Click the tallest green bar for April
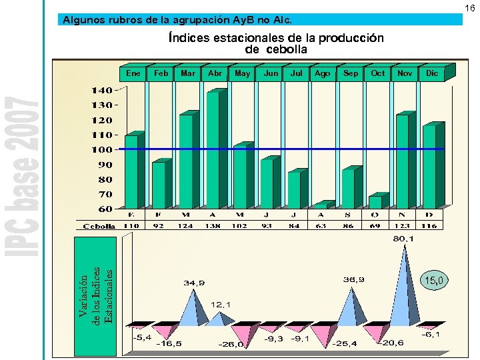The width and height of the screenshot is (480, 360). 213,150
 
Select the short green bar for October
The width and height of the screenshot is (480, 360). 375,202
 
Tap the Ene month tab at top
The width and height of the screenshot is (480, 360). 133,73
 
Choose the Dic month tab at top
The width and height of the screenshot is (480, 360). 431,73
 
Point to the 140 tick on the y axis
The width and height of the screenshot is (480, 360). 102,90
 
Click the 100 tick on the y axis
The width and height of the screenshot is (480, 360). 102,150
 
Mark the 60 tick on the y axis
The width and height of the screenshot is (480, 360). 105,209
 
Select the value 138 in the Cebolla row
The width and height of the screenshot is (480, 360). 213,226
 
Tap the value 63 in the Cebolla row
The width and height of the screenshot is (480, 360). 321,226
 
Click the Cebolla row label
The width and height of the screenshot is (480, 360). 99,227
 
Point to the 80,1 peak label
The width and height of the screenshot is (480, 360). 403,238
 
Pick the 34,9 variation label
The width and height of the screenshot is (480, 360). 194,283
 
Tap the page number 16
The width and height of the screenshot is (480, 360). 470,7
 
